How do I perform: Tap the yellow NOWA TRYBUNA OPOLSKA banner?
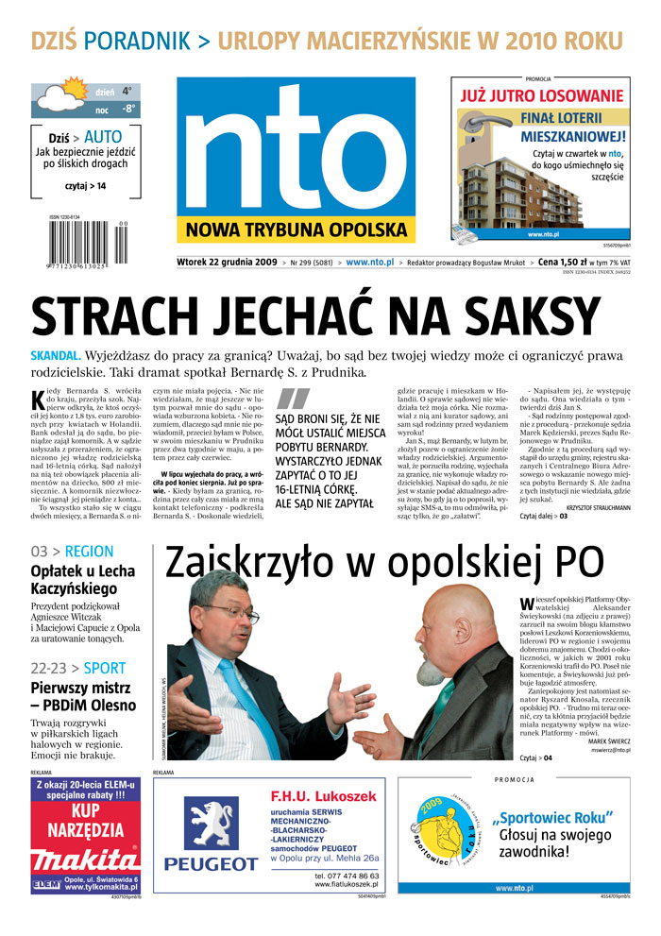295,231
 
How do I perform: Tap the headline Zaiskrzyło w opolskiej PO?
383,563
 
